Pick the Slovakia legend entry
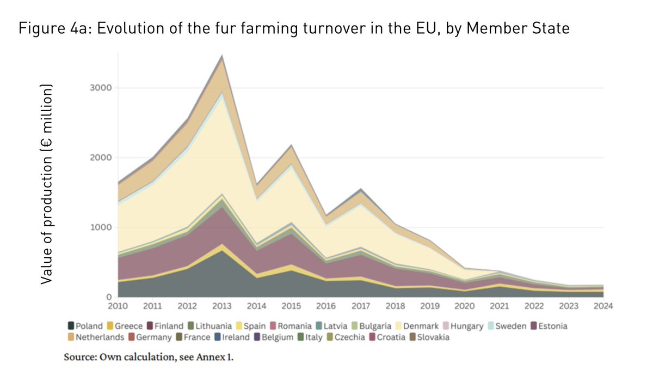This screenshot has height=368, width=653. click(430, 337)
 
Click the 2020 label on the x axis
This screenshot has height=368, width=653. click(464, 306)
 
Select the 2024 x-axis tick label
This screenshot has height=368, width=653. click(603, 306)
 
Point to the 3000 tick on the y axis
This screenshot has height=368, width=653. click(102, 88)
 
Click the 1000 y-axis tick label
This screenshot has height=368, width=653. click(102, 227)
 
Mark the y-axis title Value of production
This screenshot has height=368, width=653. click(46, 184)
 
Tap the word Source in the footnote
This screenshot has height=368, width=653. click(79, 358)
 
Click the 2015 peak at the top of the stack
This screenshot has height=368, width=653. click(291, 146)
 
